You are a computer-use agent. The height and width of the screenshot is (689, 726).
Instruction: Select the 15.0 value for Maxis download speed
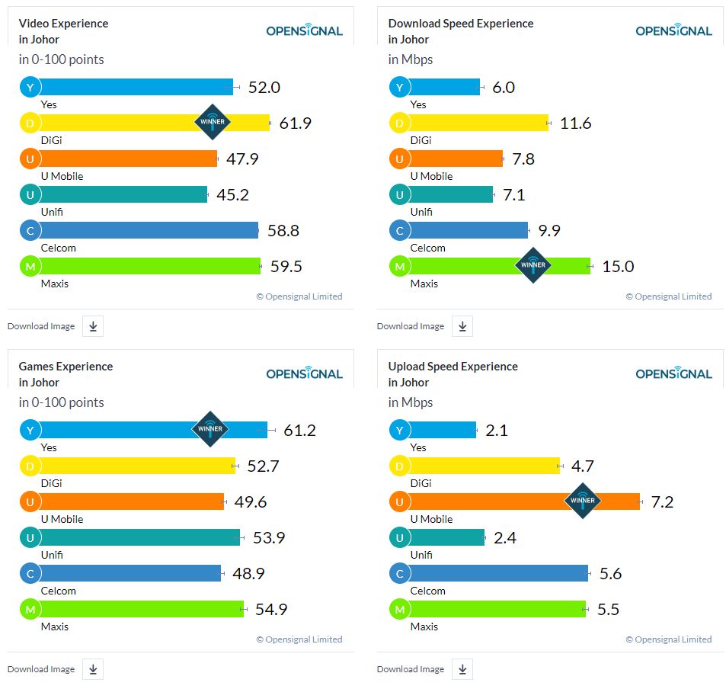click(617, 266)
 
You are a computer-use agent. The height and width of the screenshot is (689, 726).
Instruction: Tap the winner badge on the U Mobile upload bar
click(583, 501)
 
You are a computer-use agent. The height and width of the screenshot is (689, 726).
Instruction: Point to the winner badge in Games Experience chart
click(210, 429)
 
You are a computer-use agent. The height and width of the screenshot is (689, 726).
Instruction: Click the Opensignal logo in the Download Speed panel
click(673, 30)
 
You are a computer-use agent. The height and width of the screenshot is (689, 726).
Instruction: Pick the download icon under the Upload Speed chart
click(462, 669)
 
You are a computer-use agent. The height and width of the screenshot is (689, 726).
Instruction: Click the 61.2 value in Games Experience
click(299, 431)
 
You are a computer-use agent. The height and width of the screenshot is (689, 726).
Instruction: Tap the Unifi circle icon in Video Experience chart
click(30, 194)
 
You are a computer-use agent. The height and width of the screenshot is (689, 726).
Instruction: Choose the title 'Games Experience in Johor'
click(66, 374)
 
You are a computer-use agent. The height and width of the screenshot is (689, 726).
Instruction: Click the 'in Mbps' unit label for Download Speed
click(411, 59)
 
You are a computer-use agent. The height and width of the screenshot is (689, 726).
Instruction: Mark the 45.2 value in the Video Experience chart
click(232, 195)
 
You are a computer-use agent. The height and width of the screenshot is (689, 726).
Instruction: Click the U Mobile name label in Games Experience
click(62, 519)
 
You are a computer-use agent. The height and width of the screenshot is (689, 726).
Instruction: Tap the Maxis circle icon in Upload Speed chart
click(399, 609)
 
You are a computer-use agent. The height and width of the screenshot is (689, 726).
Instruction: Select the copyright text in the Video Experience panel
click(299, 296)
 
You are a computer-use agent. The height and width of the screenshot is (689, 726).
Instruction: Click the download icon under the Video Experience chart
click(93, 326)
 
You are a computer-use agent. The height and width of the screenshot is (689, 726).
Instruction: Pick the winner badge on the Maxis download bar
click(533, 265)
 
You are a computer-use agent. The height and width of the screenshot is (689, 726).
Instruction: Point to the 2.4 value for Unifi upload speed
click(505, 538)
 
